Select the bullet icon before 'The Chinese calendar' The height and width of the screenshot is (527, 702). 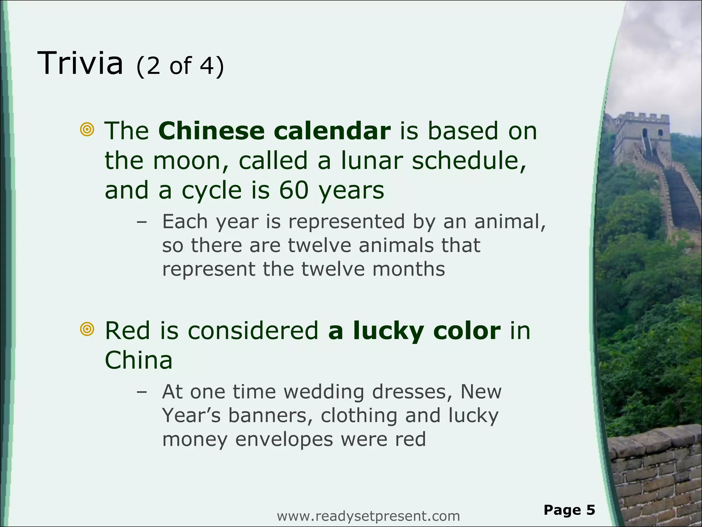pos(87,130)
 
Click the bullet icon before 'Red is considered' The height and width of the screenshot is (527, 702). pos(87,329)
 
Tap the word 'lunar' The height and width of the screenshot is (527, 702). pos(372,161)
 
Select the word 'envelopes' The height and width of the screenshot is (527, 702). pos(284,440)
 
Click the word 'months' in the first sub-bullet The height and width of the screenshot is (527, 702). pos(409,269)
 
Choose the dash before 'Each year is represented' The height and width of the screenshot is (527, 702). pos(141,222)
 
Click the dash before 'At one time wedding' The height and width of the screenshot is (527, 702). pos(141,392)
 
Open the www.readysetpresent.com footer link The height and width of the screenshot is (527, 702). pos(368,516)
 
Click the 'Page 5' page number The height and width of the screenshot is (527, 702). pos(569,510)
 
